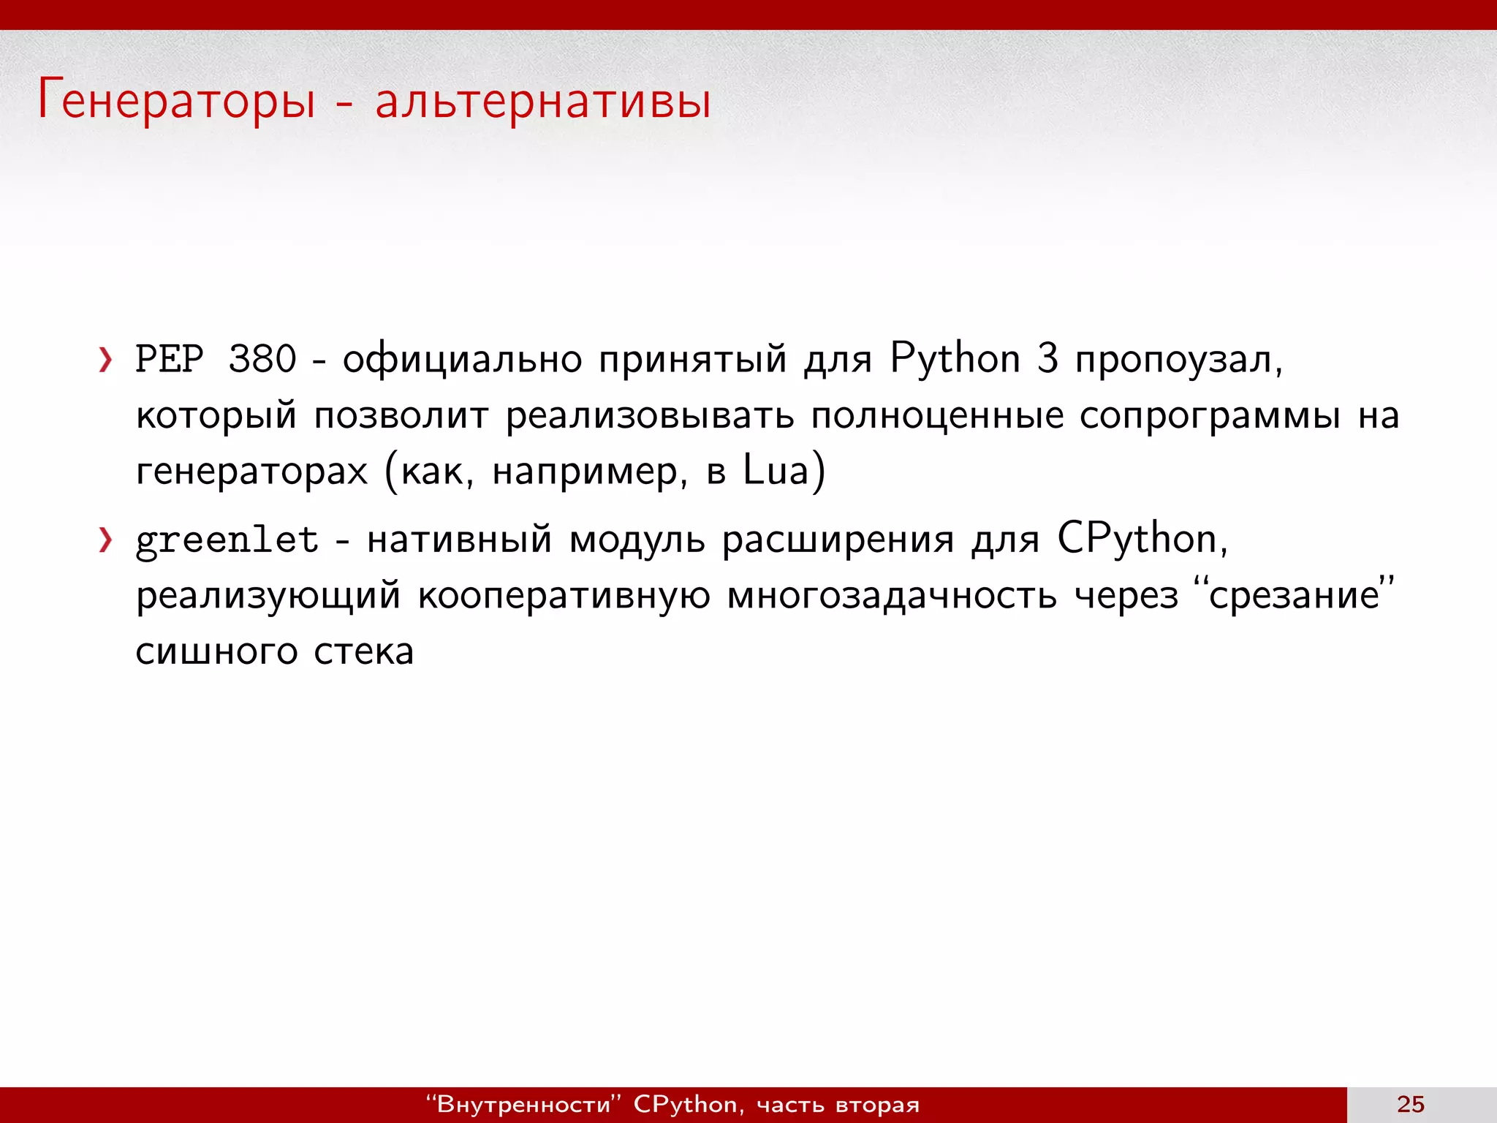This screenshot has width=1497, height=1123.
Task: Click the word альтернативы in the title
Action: [542, 101]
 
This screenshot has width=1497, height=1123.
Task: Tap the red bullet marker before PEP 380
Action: [106, 360]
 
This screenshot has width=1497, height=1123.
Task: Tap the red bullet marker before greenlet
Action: [106, 540]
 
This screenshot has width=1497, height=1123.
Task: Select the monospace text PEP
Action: [170, 360]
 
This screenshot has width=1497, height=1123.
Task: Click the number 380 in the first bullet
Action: [262, 360]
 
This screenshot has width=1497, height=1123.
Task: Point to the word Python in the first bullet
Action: [955, 360]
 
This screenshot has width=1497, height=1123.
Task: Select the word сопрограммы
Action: [1210, 415]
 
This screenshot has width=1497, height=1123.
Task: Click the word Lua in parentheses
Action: [776, 471]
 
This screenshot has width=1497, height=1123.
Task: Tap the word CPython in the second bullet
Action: [1136, 540]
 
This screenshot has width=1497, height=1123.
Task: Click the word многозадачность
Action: [892, 595]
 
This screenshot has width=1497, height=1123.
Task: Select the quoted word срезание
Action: [1293, 595]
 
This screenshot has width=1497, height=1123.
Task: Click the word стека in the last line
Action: [363, 651]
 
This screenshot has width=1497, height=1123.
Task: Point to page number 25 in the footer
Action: [1410, 1104]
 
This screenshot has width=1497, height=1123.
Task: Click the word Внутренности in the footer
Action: [523, 1104]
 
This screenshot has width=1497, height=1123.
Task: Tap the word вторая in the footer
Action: [877, 1104]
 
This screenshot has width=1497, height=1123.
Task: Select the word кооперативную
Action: [564, 595]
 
